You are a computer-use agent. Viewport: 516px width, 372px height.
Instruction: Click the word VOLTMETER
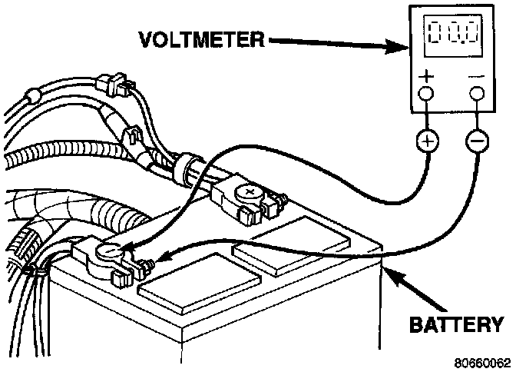202,39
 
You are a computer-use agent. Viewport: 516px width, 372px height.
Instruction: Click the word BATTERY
456,324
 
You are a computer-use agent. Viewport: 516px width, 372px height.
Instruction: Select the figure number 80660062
482,363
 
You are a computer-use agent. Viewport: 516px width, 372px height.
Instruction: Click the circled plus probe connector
428,141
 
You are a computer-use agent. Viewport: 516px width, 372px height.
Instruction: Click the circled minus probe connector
477,141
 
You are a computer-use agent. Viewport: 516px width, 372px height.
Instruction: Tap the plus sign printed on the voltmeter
426,76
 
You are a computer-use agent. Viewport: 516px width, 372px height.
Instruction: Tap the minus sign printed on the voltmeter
476,77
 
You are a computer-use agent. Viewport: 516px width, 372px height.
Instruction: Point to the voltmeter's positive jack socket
426,93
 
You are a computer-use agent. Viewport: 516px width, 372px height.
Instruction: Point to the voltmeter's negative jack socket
477,93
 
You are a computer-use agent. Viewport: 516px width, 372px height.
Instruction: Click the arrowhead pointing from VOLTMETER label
396,46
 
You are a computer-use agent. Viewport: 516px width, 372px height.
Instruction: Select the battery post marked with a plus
249,193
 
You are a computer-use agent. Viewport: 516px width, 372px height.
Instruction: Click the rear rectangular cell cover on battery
291,246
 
